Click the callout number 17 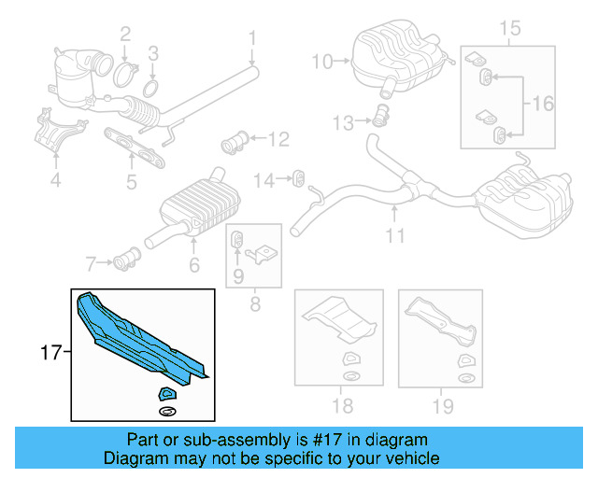50,353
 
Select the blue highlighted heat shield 140,340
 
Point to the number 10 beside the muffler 321,63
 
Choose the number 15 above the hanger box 509,27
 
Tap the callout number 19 442,405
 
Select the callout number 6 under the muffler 194,266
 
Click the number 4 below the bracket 55,180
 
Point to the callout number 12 279,141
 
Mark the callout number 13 343,122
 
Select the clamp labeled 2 127,72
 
